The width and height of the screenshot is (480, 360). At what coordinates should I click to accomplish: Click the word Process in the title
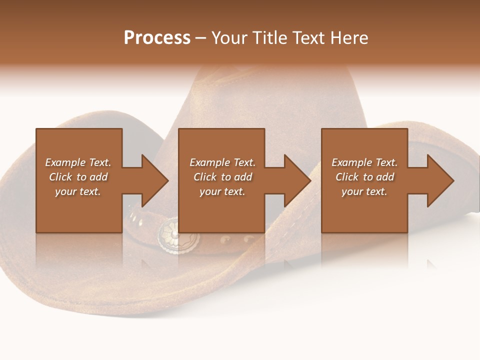tap(157, 38)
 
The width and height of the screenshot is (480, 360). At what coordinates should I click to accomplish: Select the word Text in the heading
tap(309, 38)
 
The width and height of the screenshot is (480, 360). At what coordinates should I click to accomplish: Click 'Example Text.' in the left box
tap(78, 162)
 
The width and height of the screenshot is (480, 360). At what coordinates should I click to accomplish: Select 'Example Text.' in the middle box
tap(222, 162)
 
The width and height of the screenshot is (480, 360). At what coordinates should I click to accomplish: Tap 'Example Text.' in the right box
tap(364, 162)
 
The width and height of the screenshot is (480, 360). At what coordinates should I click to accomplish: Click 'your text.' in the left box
tap(78, 191)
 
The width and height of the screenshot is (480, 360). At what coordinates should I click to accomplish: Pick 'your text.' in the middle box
tap(222, 191)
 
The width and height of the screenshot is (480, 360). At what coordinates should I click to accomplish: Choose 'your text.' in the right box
tap(364, 191)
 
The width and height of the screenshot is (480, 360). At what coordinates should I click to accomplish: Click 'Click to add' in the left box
tap(78, 177)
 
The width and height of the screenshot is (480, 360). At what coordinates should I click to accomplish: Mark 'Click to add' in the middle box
tap(222, 177)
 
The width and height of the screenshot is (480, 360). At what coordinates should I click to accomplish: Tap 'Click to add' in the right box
tap(364, 177)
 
